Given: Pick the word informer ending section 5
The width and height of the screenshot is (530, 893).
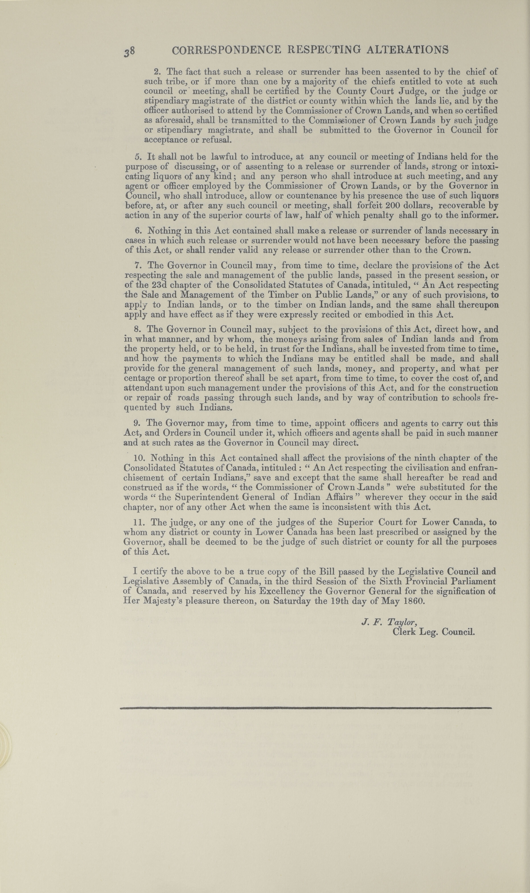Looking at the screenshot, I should pyautogui.click(x=480, y=215).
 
